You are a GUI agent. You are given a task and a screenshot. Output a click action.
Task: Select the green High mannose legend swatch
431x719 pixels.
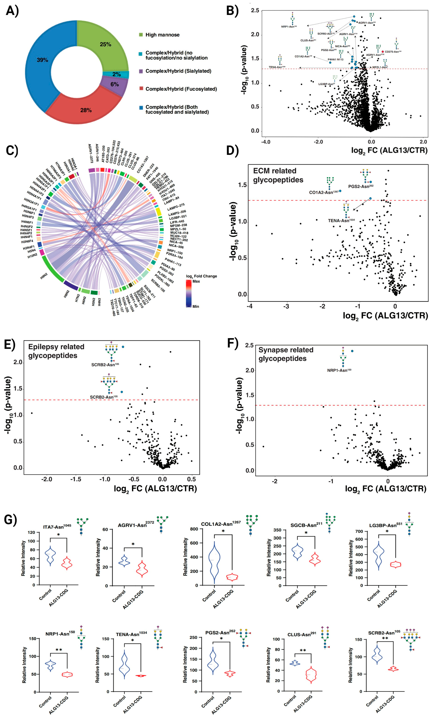[x=141, y=35]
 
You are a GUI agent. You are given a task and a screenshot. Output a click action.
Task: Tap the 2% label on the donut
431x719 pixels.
[x=117, y=74]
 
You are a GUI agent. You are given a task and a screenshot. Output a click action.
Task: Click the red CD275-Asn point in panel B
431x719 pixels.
[x=382, y=52]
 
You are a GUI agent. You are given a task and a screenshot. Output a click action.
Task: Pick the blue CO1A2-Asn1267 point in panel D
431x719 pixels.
[x=340, y=191]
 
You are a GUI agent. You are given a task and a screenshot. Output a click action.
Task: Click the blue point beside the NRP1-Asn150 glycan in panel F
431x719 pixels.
[x=352, y=351]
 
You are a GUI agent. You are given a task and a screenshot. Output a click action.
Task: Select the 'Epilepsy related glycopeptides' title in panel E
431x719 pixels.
[x=56, y=351]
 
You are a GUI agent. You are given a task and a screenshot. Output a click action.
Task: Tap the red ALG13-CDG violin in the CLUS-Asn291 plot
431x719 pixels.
[x=311, y=675]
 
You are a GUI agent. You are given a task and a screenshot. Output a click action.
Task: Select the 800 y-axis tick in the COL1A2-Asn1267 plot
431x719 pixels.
[x=194, y=529]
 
